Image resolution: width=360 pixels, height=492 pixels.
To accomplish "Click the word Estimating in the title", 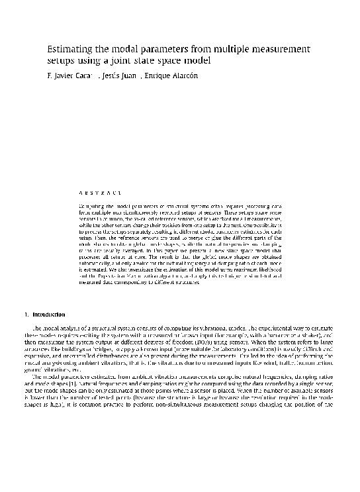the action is [x=71, y=49].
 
